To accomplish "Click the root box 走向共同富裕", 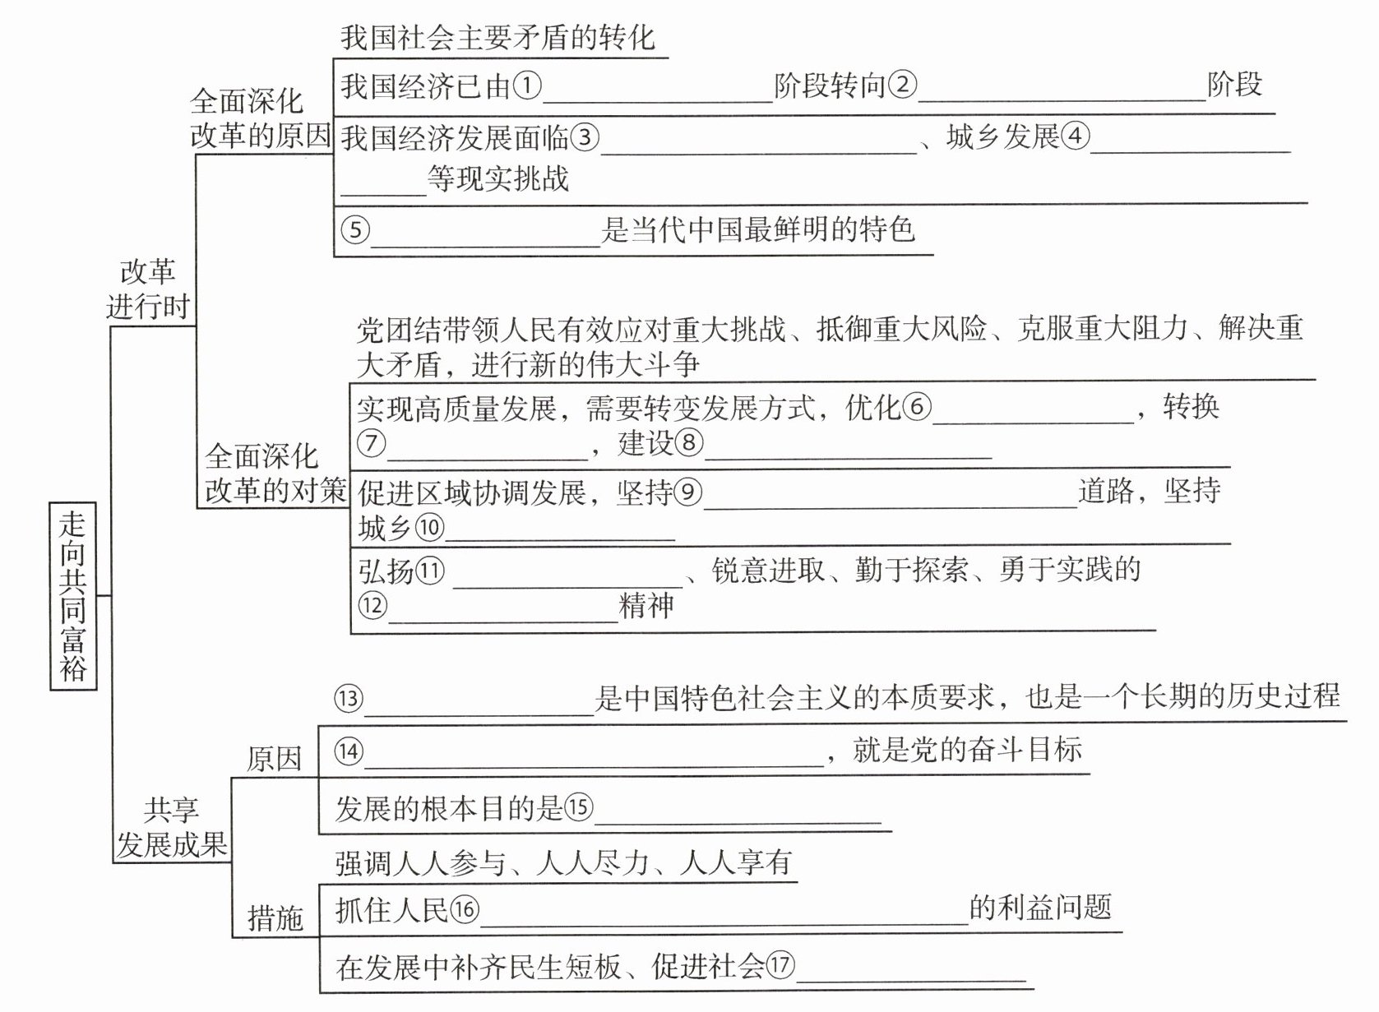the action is [x=73, y=595].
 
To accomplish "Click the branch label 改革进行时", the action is [x=148, y=289].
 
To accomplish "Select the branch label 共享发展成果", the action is [x=171, y=827].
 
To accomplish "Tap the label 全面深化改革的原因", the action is [x=260, y=118].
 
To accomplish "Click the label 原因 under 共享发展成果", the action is [x=274, y=758].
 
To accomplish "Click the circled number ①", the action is [x=527, y=85].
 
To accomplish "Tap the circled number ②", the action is [x=902, y=85].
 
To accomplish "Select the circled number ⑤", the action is [x=355, y=229].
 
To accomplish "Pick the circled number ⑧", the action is [x=689, y=443].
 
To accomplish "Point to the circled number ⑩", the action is [x=429, y=528].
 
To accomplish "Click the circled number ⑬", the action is [x=349, y=698].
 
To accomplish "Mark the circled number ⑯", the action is [x=465, y=909].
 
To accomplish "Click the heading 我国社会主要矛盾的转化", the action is [x=497, y=38].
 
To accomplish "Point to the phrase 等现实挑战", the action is [x=497, y=178].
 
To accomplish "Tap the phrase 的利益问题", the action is [x=1040, y=908].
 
